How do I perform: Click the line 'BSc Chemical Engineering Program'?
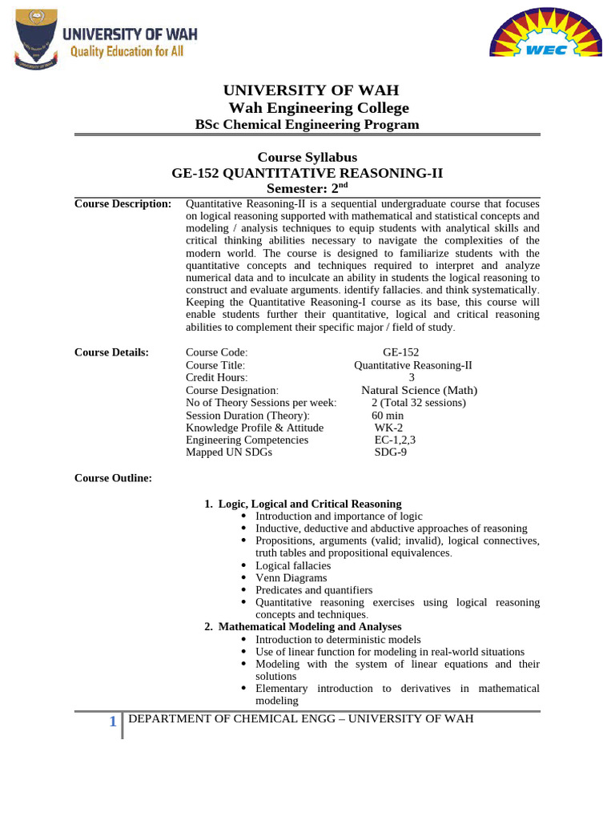pyautogui.click(x=307, y=124)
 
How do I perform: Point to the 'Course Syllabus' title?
pyautogui.click(x=307, y=157)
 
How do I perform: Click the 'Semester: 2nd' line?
pyautogui.click(x=307, y=187)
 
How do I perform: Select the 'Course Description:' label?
pyautogui.click(x=123, y=204)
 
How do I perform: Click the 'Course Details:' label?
pyautogui.click(x=111, y=352)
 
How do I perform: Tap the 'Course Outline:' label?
pyautogui.click(x=113, y=478)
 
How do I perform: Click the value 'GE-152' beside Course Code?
pyautogui.click(x=400, y=352)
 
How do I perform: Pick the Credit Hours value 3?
pyautogui.click(x=412, y=377)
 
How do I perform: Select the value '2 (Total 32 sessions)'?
pyautogui.click(x=418, y=403)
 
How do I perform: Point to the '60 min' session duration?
pyautogui.click(x=388, y=416)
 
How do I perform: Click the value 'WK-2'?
pyautogui.click(x=388, y=428)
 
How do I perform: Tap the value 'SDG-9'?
pyautogui.click(x=390, y=452)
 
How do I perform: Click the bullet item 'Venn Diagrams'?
pyautogui.click(x=291, y=577)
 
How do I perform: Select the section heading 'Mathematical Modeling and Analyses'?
pyautogui.click(x=310, y=626)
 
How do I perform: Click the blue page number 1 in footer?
pyautogui.click(x=113, y=723)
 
